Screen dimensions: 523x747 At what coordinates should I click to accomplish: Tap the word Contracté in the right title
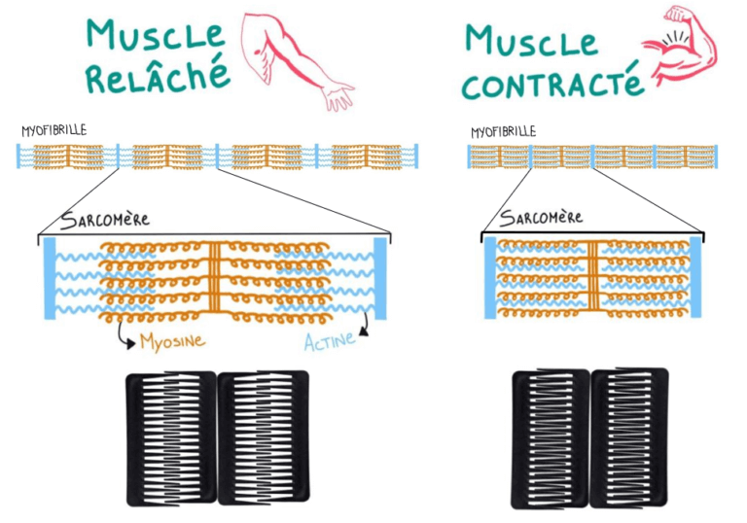coord(551,83)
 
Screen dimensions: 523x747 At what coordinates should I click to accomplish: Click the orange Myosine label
coord(171,341)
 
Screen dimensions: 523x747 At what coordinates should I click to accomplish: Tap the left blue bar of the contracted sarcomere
coord(490,276)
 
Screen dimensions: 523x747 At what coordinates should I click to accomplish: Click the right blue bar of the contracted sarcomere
coord(695,276)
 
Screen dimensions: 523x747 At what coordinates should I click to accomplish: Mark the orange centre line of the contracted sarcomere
coord(592,276)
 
